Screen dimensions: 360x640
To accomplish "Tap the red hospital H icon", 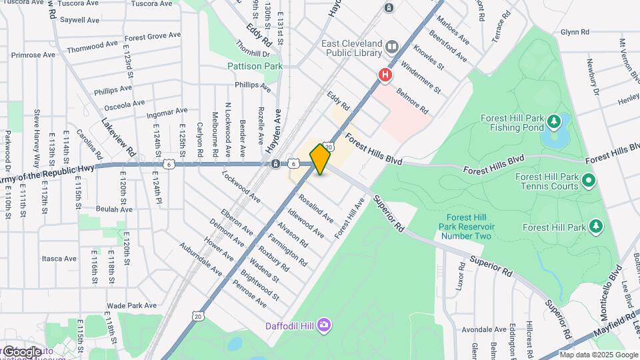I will click(385, 76).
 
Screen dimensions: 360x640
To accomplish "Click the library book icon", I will click(391, 47).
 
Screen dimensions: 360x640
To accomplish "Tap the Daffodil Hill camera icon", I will click(323, 325).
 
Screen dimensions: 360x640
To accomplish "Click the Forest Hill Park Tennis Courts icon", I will click(588, 181).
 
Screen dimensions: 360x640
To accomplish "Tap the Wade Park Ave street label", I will click(126, 305).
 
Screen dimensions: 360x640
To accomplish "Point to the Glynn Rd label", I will click(575, 32).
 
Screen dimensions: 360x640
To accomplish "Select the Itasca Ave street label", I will click(59, 259).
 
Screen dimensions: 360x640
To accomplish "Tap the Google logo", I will click(21, 351).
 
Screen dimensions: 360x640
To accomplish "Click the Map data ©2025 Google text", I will click(598, 355).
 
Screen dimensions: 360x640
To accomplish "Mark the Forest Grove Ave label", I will click(153, 36).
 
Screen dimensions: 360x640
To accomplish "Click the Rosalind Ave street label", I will click(316, 209).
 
